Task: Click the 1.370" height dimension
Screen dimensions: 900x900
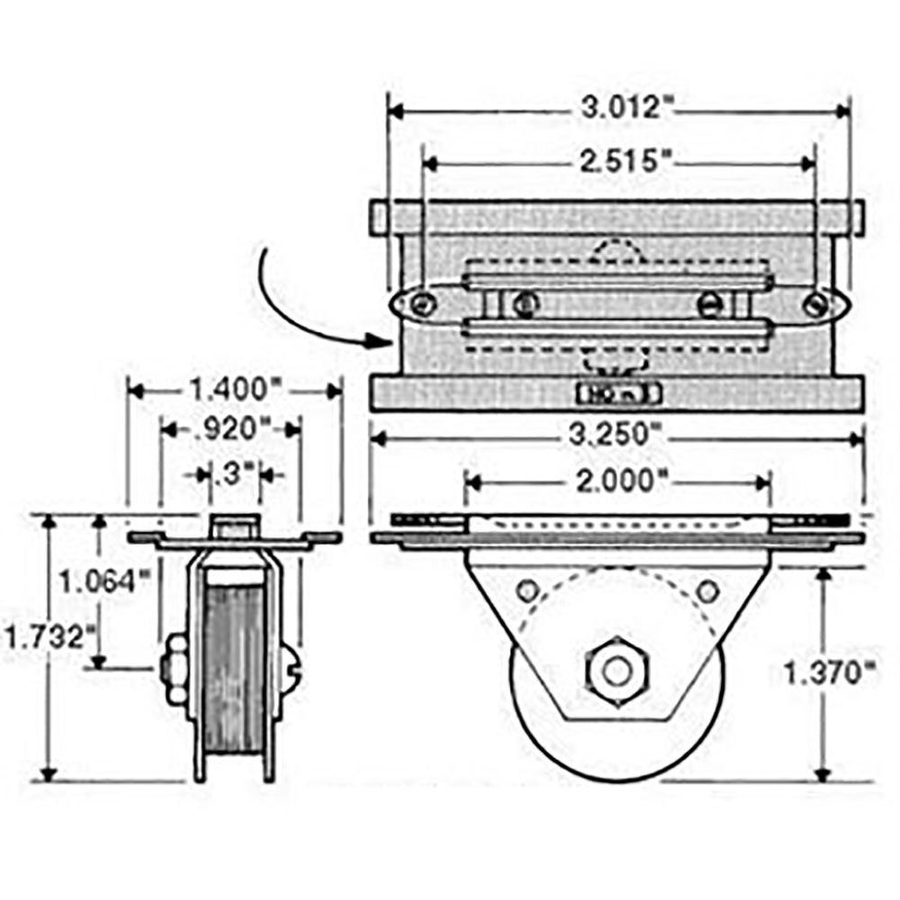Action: (829, 673)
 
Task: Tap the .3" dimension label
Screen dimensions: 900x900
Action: (236, 472)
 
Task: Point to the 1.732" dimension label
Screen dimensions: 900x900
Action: (50, 640)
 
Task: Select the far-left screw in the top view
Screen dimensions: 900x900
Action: (416, 305)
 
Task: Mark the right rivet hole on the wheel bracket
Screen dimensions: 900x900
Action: (707, 591)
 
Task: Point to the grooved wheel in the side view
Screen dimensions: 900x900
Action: (233, 675)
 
